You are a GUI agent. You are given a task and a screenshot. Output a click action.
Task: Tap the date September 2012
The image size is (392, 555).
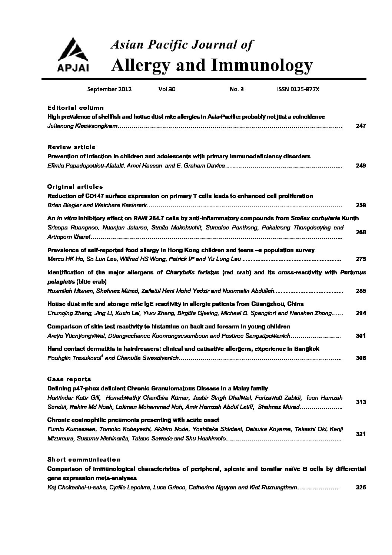click(109, 89)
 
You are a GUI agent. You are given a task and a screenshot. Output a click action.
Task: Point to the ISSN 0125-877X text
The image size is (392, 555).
click(298, 89)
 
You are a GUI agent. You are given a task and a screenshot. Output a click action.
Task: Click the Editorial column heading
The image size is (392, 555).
click(76, 108)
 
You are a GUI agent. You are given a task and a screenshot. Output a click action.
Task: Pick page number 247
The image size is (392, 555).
click(361, 126)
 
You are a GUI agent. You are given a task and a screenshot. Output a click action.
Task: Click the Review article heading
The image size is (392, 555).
click(72, 147)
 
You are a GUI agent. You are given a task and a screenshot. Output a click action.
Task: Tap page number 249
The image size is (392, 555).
click(361, 165)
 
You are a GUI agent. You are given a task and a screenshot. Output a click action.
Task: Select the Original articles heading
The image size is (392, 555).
click(75, 186)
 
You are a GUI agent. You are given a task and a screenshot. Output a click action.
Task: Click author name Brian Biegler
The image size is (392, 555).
click(62, 205)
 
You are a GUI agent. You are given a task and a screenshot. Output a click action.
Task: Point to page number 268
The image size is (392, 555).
click(361, 232)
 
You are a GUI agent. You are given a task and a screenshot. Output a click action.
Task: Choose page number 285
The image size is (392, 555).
click(361, 291)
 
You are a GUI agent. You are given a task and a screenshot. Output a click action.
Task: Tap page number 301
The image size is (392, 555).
click(361, 336)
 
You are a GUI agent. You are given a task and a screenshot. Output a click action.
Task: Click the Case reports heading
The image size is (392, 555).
click(69, 379)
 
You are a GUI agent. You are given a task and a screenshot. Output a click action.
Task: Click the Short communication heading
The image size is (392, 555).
click(84, 460)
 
